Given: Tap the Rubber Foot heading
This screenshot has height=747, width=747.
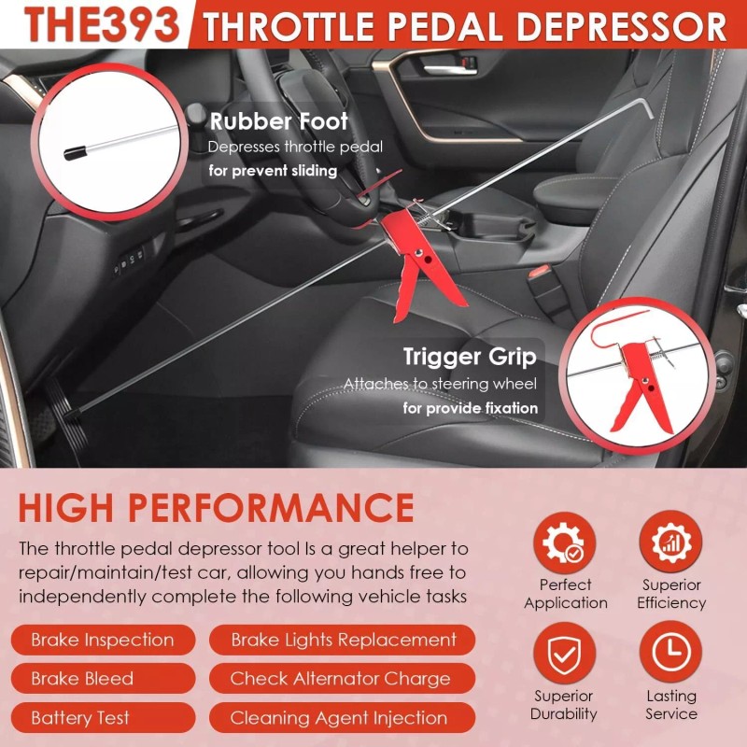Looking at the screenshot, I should [278, 121].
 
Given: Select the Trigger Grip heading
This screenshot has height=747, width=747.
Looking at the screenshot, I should [470, 357].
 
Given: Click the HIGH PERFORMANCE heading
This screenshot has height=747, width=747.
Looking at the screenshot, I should [216, 507].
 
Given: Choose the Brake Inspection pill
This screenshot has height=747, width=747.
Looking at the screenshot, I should [103, 641].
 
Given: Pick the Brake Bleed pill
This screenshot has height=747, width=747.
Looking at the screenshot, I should [82, 679].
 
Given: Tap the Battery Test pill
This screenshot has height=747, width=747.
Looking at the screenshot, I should [80, 718].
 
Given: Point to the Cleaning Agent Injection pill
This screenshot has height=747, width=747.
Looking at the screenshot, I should [339, 718].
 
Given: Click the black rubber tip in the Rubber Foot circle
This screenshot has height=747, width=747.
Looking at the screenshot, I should [75, 152].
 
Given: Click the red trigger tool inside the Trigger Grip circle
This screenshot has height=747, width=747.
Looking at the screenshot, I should [643, 384].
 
